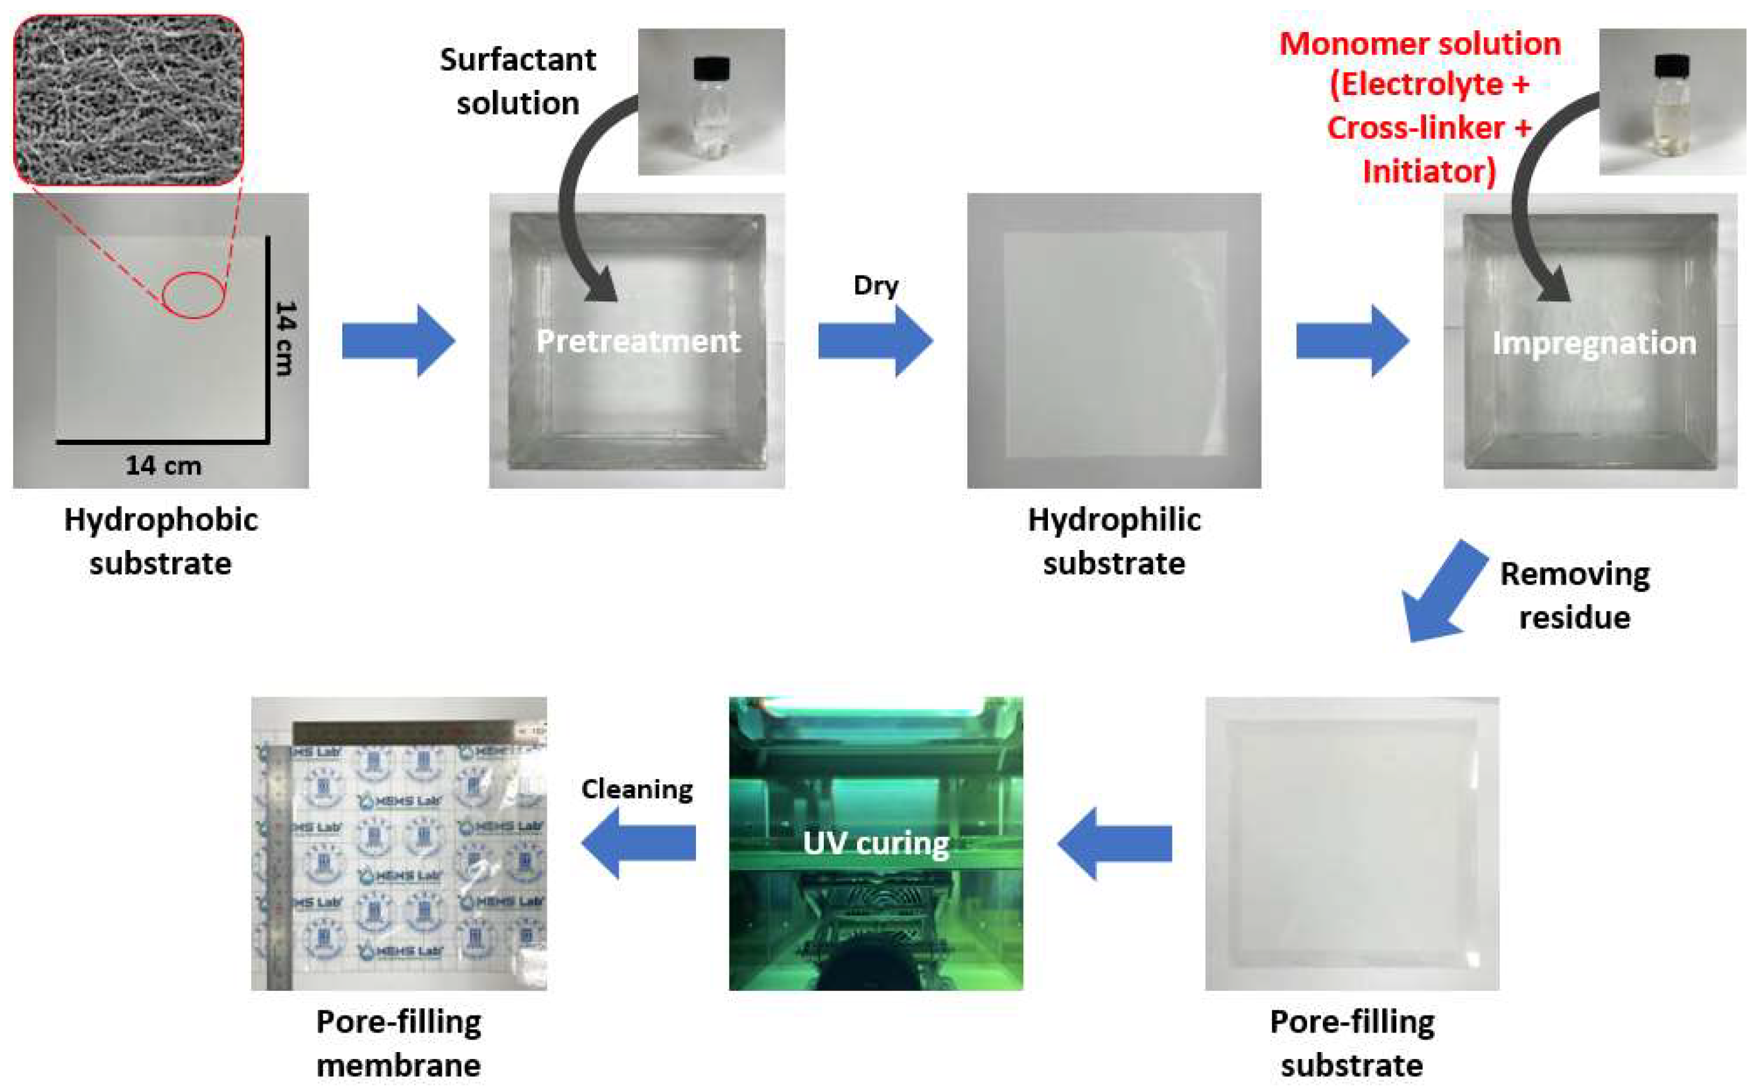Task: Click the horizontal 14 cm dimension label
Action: coord(163,466)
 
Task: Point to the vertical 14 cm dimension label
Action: coord(286,338)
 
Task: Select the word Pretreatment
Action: coord(638,340)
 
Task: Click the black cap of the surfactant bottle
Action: coord(711,69)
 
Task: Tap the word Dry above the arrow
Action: coord(875,285)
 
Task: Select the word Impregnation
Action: coord(1593,343)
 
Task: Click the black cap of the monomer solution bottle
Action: coord(1672,67)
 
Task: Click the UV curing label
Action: coord(875,842)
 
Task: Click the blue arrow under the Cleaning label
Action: coord(639,842)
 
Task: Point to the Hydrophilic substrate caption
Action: coord(1114,541)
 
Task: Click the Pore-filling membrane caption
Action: coord(398,1043)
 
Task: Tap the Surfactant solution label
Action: coord(517,81)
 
